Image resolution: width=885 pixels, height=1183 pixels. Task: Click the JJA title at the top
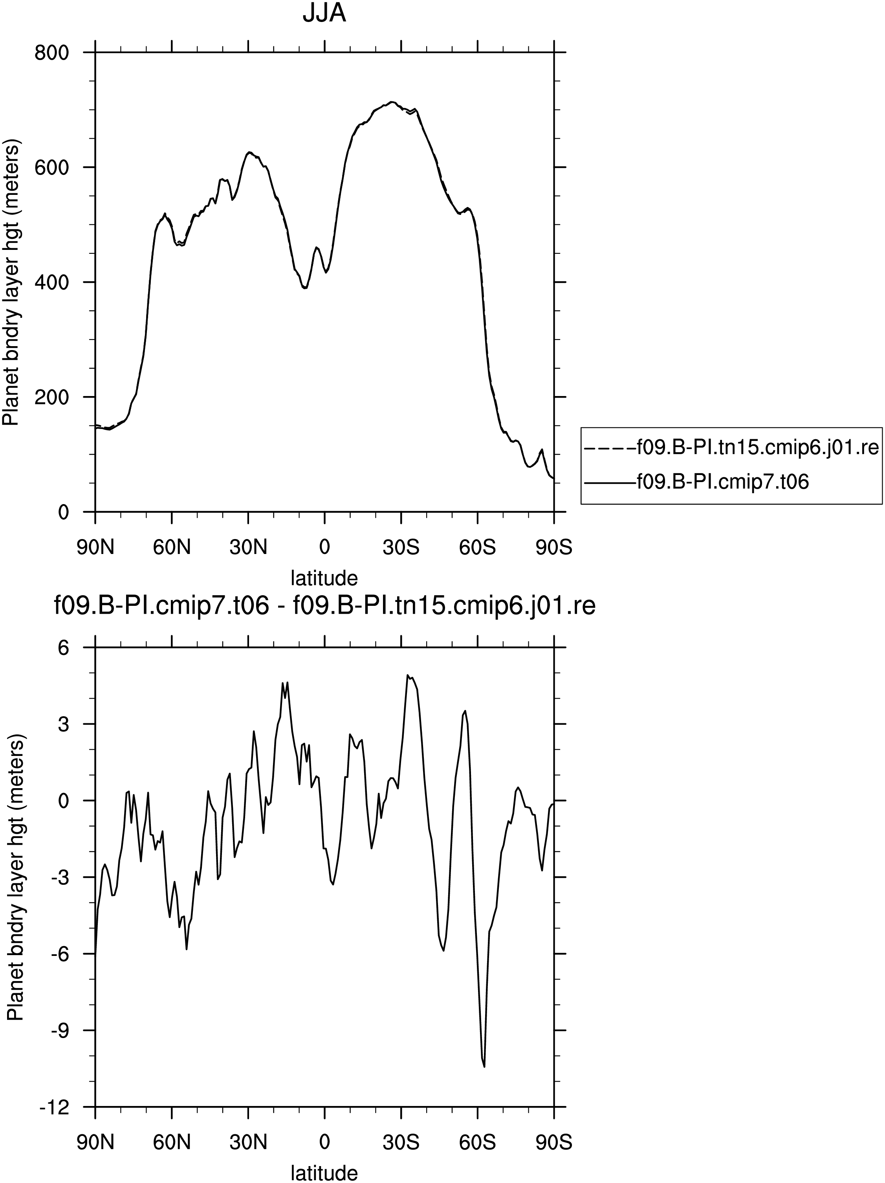point(324,13)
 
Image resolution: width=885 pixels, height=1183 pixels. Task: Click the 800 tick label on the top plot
point(52,53)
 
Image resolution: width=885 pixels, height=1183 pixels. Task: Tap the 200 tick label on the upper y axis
point(52,397)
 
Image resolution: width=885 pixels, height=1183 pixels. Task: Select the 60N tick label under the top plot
point(172,548)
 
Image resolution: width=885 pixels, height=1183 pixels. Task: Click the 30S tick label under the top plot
point(401,548)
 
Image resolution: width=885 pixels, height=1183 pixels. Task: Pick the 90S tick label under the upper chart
point(553,548)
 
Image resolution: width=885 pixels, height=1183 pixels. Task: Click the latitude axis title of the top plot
point(324,578)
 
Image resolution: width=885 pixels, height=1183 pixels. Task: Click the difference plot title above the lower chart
point(324,607)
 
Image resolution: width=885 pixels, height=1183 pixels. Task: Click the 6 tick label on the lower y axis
point(64,647)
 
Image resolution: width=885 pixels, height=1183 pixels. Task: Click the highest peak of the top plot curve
point(392,102)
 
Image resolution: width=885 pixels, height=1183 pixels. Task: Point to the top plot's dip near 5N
point(305,288)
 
